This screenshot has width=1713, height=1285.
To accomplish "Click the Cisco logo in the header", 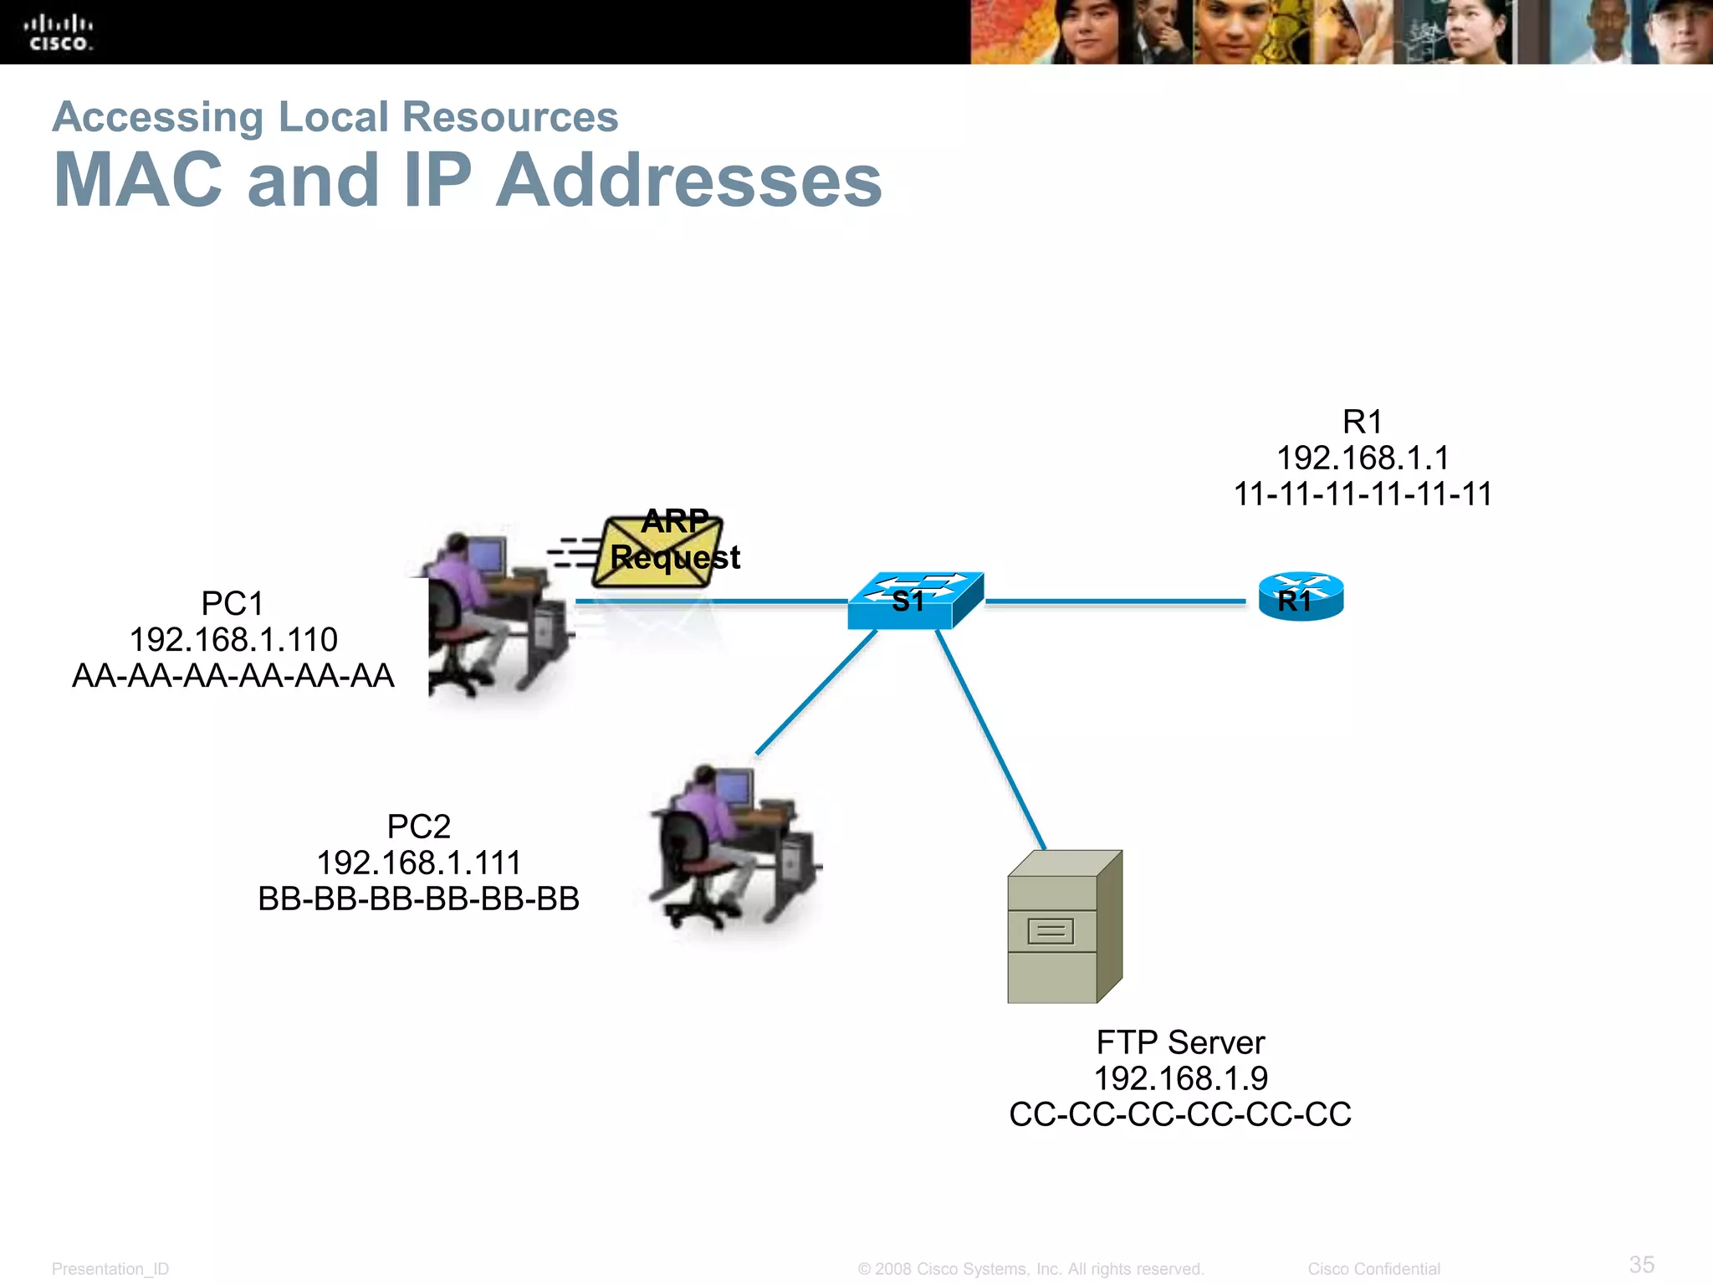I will (x=59, y=33).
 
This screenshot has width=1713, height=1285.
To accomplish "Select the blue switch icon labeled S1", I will (x=915, y=600).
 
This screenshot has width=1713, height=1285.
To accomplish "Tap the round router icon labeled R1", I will (x=1301, y=597).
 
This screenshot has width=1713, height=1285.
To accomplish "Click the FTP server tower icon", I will (x=1064, y=927).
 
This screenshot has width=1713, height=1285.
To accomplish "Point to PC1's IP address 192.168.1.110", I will (x=233, y=640).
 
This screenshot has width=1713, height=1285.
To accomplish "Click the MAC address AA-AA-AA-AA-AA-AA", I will (x=233, y=676).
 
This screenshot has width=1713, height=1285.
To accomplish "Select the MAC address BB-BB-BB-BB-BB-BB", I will (x=418, y=899).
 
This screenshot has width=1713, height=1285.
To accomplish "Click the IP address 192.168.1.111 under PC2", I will (x=418, y=863).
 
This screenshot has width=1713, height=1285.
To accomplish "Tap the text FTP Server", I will (x=1180, y=1042).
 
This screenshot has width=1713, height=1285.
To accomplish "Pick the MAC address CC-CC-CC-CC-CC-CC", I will (x=1180, y=1114).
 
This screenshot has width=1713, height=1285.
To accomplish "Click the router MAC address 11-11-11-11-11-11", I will (x=1363, y=494).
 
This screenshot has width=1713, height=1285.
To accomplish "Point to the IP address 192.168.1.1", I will (x=1363, y=458).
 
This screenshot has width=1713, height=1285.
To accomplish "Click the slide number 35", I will (x=1641, y=1264).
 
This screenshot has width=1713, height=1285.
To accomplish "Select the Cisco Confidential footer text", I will (x=1373, y=1269).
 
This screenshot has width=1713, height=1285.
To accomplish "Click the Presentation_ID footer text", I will (x=110, y=1269).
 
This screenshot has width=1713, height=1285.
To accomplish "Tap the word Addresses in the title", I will (x=689, y=181).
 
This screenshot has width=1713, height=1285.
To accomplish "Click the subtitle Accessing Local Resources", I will (x=335, y=117).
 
